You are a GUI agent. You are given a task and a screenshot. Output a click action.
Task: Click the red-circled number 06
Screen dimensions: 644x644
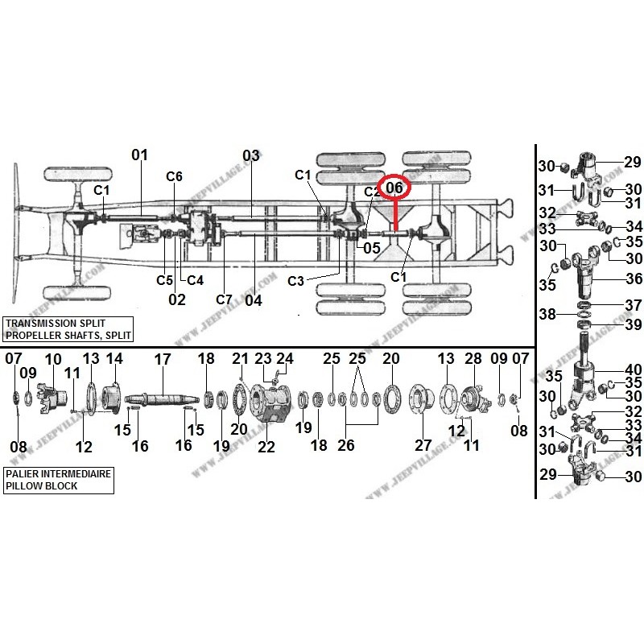394,188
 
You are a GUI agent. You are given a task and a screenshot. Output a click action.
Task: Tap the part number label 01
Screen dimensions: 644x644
140,155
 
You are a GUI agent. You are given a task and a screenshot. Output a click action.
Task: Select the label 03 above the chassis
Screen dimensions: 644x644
251,155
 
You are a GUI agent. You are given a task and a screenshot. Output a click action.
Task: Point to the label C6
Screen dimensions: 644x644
175,176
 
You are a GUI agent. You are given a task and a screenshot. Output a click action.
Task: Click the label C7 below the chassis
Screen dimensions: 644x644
224,299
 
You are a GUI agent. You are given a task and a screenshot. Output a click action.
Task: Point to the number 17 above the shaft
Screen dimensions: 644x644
163,359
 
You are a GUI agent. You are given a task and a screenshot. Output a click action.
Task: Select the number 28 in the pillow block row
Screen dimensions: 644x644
473,358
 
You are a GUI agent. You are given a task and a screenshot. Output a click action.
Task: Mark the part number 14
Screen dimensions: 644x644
115,358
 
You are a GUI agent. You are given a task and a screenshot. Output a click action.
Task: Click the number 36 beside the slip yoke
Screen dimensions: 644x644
634,279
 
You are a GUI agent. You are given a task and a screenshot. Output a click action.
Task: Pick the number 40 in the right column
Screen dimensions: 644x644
634,369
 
